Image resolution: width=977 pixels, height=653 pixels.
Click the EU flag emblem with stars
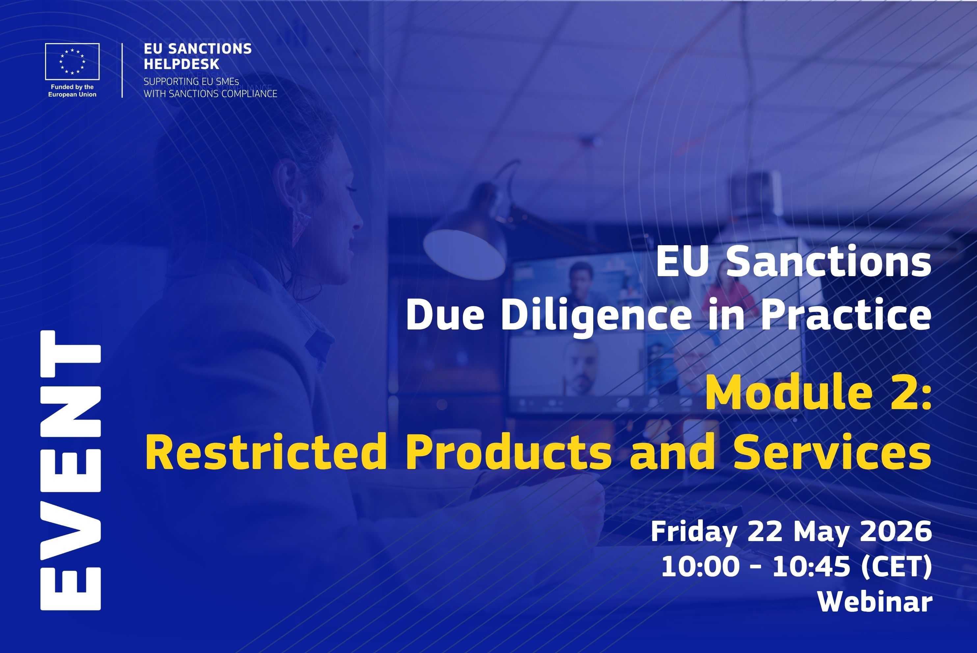[72, 61]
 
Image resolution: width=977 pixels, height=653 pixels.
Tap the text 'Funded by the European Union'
[72, 91]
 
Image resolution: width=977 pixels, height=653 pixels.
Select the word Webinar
[875, 602]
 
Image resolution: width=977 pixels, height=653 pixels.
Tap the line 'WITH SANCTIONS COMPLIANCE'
[210, 94]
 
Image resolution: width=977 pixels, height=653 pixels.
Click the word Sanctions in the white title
[829, 262]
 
